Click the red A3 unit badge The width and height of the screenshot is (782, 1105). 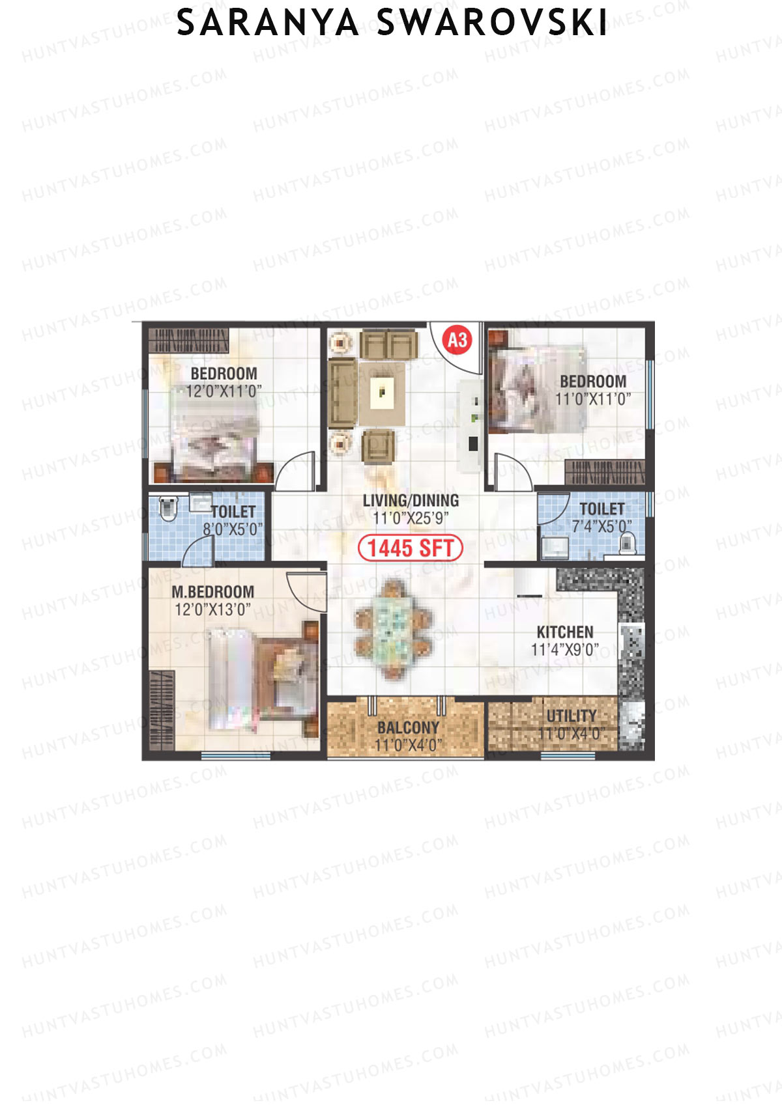457,340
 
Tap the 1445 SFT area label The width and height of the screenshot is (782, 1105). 411,548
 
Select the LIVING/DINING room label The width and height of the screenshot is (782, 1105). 411,501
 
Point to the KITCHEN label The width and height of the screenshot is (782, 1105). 565,632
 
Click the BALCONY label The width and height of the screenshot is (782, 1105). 408,727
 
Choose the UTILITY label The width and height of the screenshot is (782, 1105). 572,716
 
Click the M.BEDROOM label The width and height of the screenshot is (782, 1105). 213,592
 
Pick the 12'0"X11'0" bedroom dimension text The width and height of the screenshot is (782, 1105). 224,391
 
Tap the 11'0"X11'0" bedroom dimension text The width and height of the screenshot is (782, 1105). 593,399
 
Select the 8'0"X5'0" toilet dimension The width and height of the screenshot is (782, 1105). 233,529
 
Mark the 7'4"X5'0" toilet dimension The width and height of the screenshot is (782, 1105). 601,526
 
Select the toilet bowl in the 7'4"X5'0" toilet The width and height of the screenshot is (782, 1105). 627,543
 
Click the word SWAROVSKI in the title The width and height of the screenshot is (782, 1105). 492,23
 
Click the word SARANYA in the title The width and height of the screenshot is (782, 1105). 268,23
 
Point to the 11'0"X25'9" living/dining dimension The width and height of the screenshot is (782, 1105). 411,518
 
